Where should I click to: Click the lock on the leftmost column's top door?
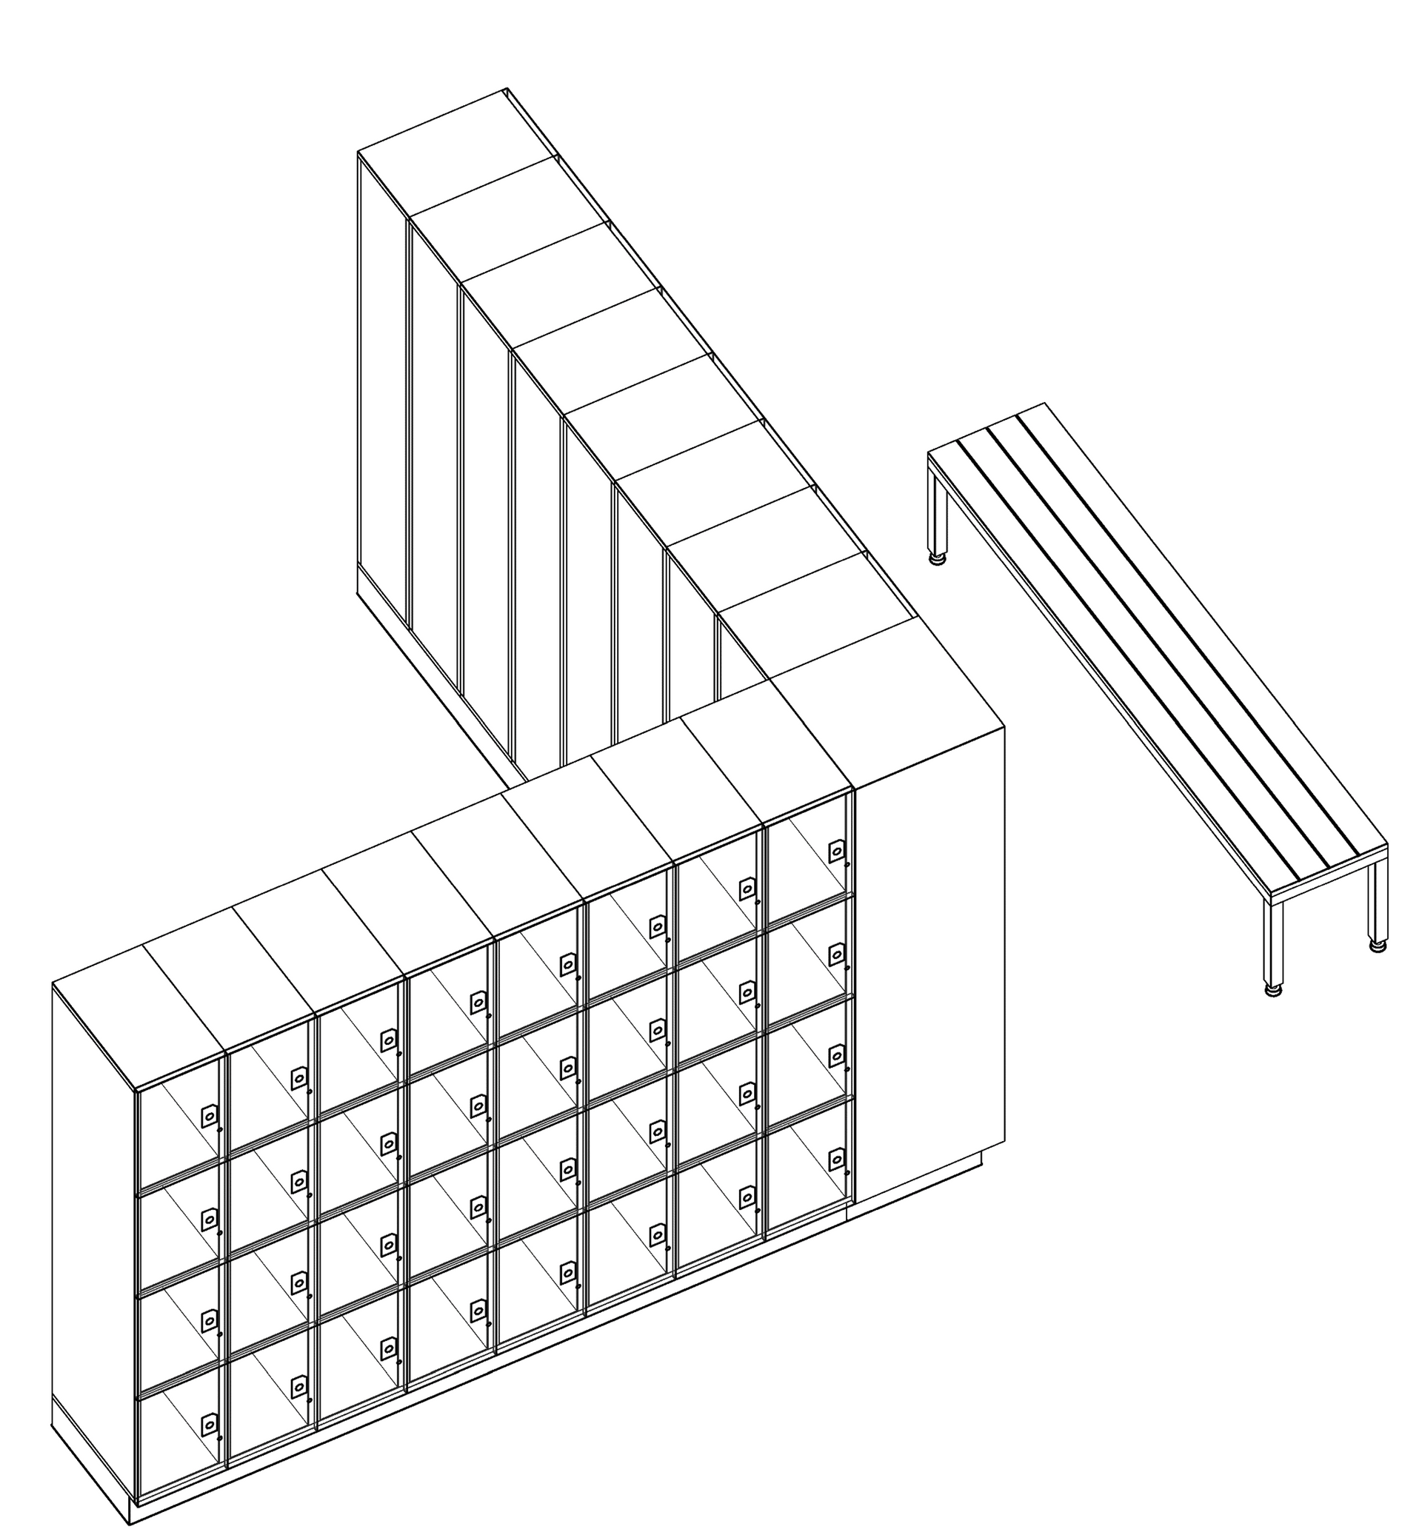tap(209, 1117)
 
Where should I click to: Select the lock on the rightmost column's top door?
tap(835, 851)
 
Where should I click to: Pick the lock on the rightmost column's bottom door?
tap(835, 1159)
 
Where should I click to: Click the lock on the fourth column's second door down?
tap(478, 1106)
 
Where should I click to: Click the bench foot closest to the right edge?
tap(1377, 946)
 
